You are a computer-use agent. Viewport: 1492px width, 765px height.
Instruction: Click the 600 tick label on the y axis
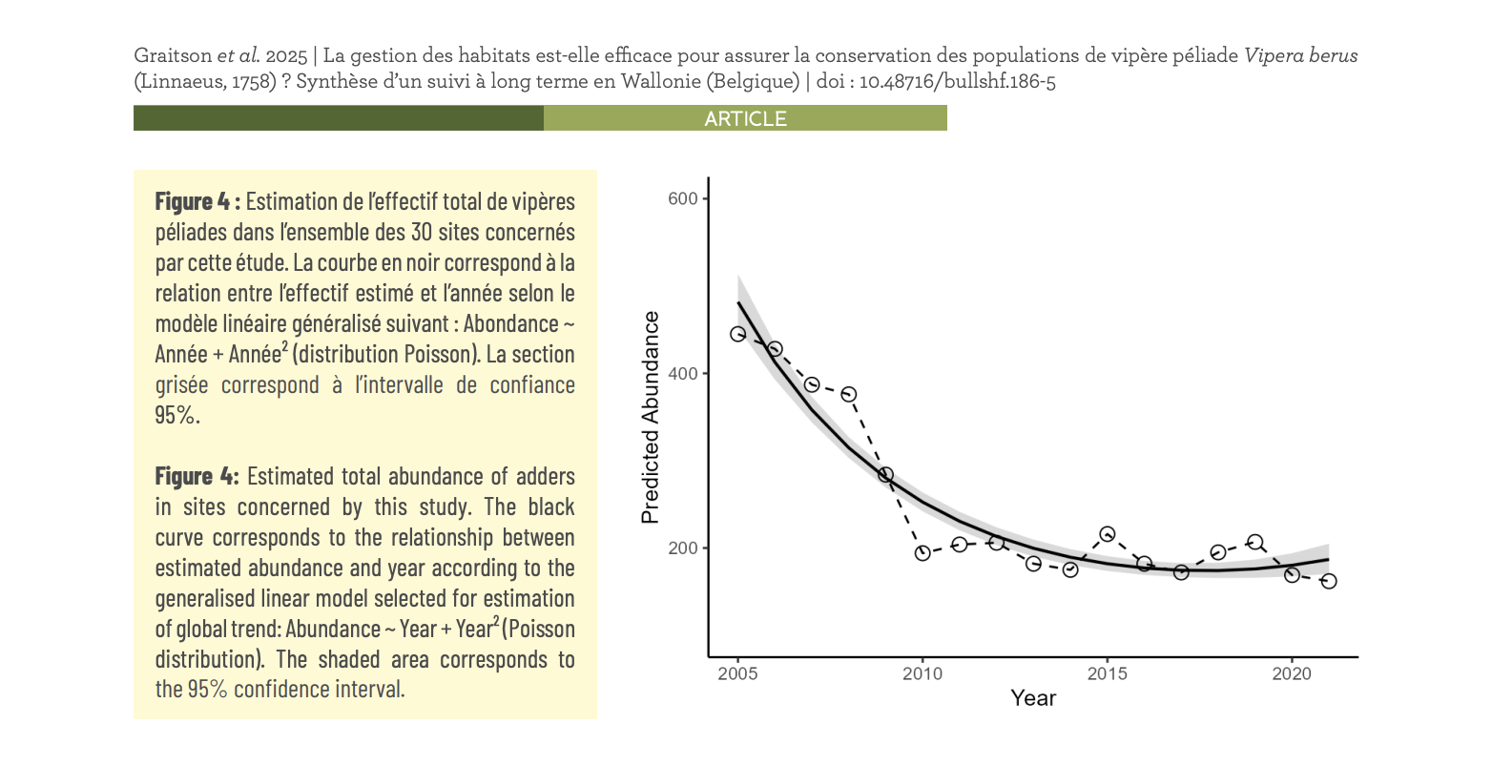(683, 198)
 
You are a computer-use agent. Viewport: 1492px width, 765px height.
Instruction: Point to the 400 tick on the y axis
(683, 373)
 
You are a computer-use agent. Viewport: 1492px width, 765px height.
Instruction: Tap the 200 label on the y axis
(683, 548)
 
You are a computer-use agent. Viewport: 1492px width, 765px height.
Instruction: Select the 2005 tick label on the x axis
(737, 674)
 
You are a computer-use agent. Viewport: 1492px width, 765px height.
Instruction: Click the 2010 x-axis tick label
(922, 674)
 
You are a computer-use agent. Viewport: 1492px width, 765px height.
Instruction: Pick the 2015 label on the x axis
(1107, 674)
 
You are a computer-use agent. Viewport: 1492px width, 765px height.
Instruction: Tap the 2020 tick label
(1292, 674)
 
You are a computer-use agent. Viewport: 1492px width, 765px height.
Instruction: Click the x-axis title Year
(1033, 698)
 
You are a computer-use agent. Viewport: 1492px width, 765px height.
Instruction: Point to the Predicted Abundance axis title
(651, 418)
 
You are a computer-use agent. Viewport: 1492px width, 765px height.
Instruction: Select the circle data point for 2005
(737, 334)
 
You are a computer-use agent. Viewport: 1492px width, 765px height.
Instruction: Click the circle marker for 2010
(922, 553)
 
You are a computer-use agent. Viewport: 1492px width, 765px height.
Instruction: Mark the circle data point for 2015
(1107, 534)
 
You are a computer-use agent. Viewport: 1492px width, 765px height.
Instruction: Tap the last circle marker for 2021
(1329, 581)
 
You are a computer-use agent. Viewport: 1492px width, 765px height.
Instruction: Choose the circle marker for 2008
(848, 394)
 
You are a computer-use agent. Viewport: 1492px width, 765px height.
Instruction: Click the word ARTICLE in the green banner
(745, 119)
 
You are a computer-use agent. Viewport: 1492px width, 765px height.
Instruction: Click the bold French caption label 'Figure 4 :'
(197, 201)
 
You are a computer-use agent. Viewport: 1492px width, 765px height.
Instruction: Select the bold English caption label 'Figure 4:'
(197, 476)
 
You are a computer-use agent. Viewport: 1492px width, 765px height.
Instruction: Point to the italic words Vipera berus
(1299, 55)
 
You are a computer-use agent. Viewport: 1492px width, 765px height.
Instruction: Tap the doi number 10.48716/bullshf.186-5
(957, 81)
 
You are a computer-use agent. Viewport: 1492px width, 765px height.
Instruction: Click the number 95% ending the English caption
(207, 690)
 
